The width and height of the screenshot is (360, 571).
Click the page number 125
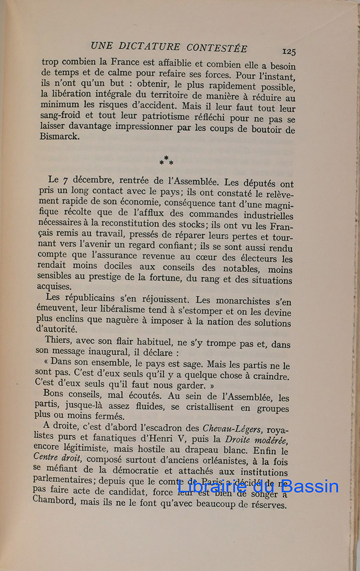point(289,51)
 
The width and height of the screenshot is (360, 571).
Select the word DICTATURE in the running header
point(150,47)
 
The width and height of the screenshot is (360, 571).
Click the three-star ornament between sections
point(166,160)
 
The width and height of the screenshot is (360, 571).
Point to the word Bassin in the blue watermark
point(309,487)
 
